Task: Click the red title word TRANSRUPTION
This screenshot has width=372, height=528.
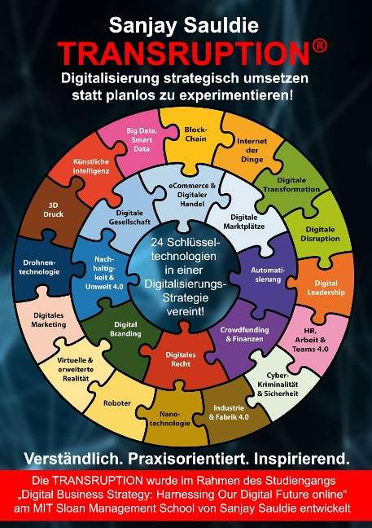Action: coord(184,54)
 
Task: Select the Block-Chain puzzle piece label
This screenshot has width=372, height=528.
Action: coord(195,134)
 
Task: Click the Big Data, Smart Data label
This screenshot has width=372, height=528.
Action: coord(142,139)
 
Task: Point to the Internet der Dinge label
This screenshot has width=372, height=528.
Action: coord(252,150)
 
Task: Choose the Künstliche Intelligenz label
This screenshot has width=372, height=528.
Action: coord(91,166)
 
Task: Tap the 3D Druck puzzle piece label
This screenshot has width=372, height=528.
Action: coord(53,209)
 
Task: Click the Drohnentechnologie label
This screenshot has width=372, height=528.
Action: coord(39,267)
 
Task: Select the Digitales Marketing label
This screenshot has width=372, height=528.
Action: coord(49,320)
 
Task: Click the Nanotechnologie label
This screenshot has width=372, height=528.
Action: coord(170,419)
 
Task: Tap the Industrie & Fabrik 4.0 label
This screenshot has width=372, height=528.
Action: coord(229,412)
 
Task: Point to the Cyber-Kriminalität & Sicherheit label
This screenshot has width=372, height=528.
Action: coord(278,385)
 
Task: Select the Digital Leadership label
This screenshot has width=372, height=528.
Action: coord(326,288)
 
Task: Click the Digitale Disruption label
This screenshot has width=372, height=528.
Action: coord(320,234)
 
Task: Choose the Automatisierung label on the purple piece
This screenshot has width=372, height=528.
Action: coord(268,275)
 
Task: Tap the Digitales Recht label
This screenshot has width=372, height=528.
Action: coord(181,359)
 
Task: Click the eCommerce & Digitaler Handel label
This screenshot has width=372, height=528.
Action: coord(192,195)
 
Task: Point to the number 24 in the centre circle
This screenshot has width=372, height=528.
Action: coord(157,242)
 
